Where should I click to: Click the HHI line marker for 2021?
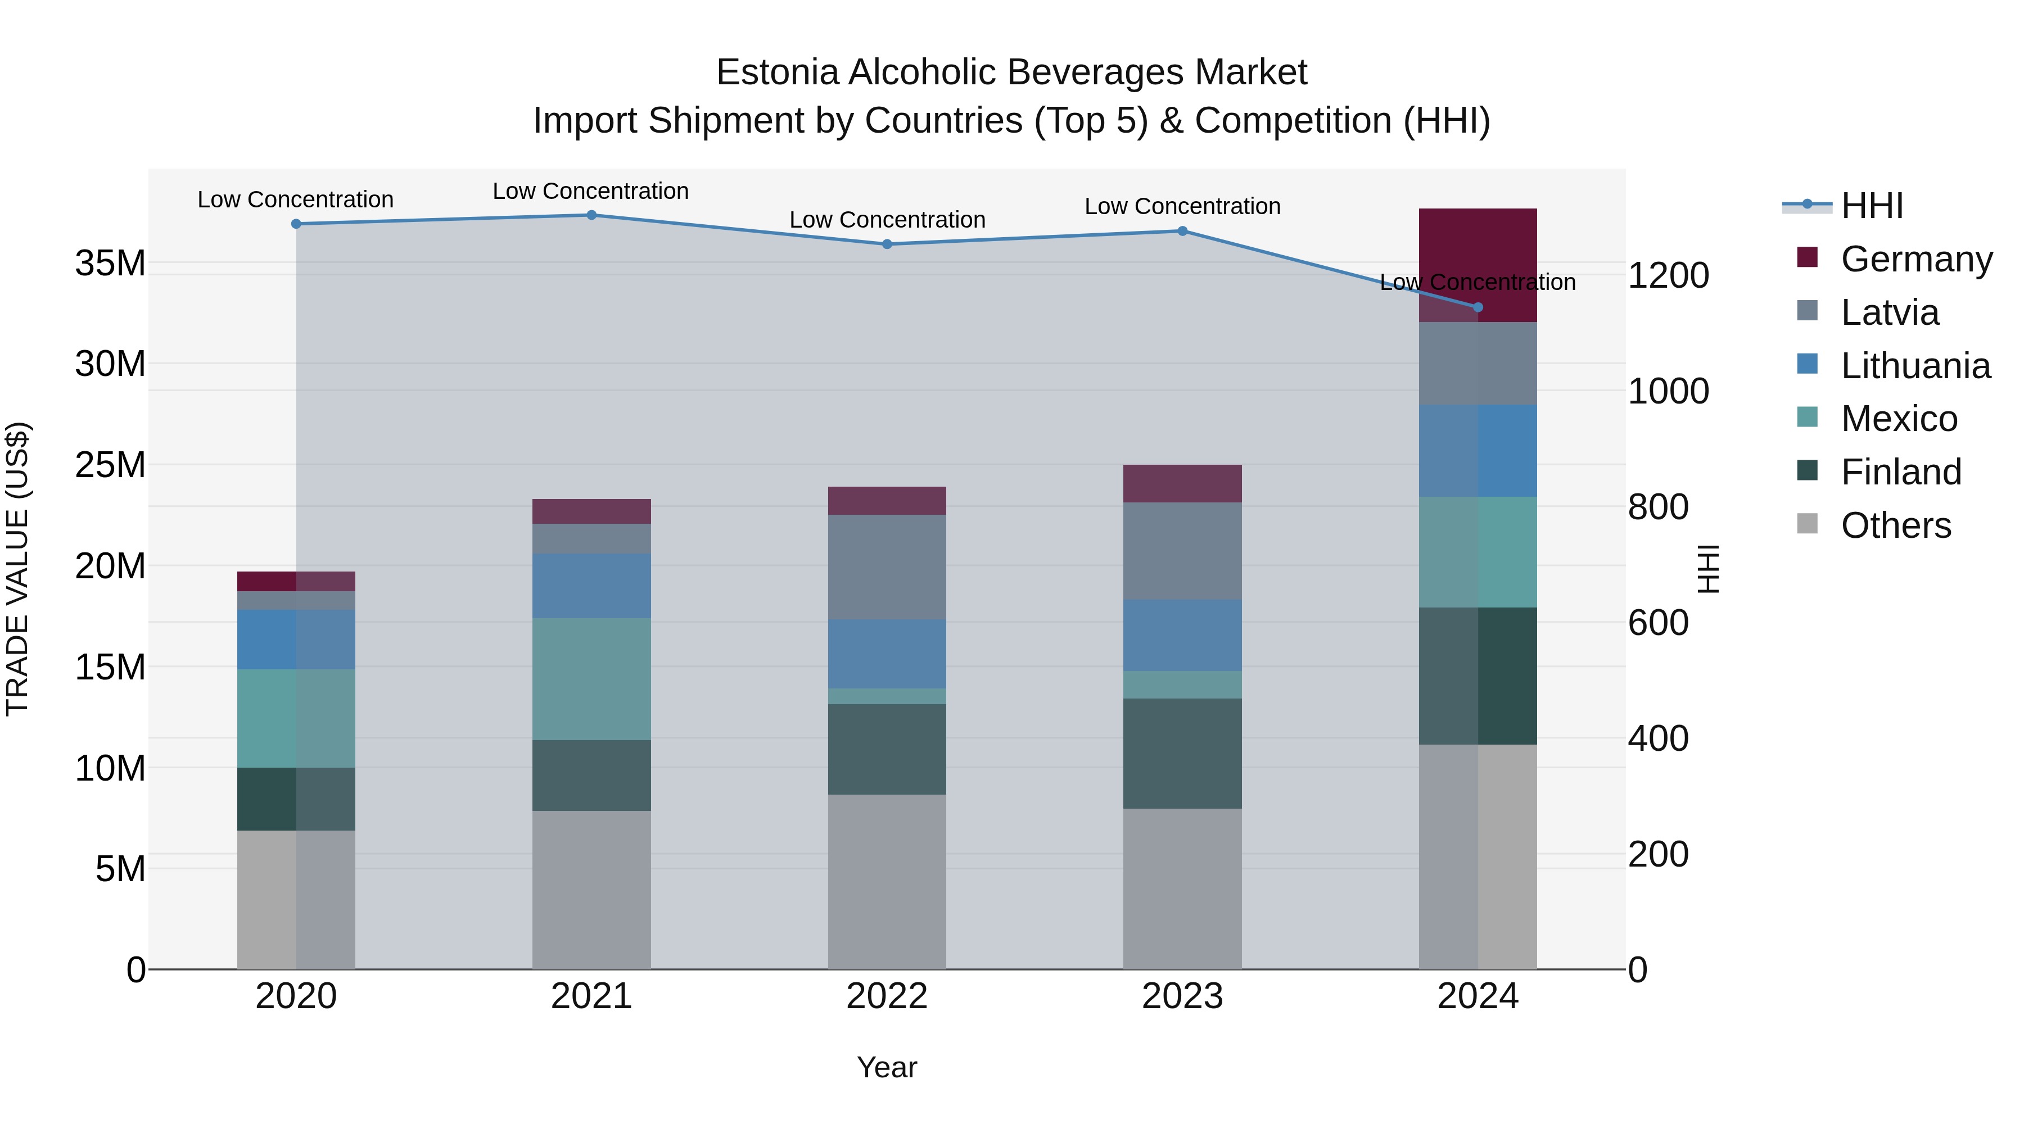(591, 215)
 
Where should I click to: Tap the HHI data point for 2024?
(1478, 307)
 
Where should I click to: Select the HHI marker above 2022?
(887, 244)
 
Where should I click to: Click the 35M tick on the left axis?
(110, 263)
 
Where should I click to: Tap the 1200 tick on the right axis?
(1668, 276)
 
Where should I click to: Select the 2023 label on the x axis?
(1182, 996)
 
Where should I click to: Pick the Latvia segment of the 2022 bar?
(887, 567)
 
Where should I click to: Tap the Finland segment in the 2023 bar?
(1182, 753)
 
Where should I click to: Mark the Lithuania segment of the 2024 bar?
(1478, 451)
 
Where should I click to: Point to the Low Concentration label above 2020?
(295, 200)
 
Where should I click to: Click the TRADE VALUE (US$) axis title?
(17, 569)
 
